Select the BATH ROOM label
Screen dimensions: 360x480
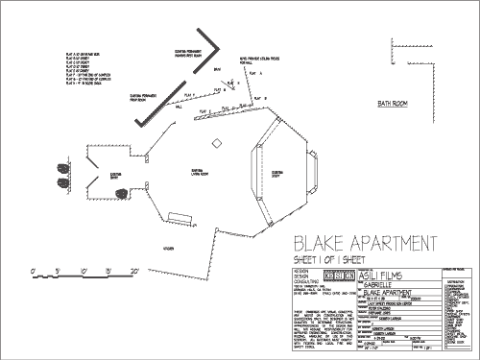(x=394, y=103)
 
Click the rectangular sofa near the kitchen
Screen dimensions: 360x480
(x=179, y=218)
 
